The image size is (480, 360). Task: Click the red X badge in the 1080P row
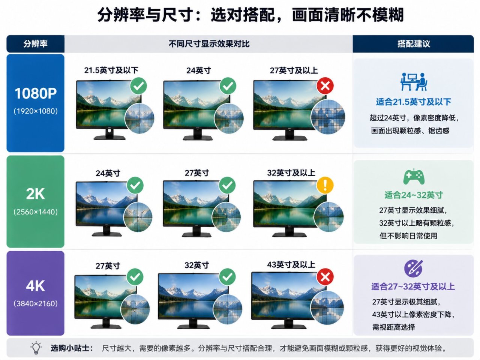click(x=325, y=85)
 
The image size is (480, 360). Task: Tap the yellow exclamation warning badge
click(x=325, y=185)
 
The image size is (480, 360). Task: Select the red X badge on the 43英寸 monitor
click(x=325, y=277)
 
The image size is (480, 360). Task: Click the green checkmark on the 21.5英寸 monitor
click(x=138, y=85)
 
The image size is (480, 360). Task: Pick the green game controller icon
click(x=414, y=177)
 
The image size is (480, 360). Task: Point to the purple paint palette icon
click(x=413, y=268)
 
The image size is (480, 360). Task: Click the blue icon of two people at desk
click(x=414, y=82)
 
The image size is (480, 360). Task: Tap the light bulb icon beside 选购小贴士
click(x=36, y=348)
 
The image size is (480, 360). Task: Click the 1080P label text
click(x=36, y=93)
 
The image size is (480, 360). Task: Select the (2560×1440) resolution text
click(x=36, y=212)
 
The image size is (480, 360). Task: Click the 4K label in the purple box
click(x=35, y=286)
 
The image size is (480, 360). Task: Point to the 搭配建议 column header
click(x=414, y=44)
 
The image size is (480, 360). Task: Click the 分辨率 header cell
click(x=35, y=44)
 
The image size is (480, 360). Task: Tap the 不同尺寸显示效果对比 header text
click(x=209, y=44)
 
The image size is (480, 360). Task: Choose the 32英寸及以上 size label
click(x=291, y=173)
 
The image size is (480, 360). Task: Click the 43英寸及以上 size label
click(x=291, y=265)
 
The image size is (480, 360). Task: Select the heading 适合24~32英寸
click(x=414, y=195)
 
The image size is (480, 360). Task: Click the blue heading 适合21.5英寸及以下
click(x=414, y=102)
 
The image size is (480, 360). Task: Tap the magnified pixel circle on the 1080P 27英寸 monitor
click(x=328, y=117)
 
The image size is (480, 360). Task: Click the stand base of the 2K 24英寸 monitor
click(x=107, y=234)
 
